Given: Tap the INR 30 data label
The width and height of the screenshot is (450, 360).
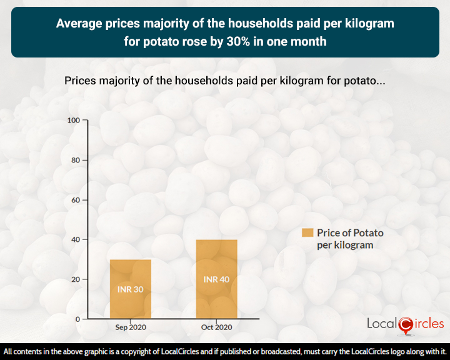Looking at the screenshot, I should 130,289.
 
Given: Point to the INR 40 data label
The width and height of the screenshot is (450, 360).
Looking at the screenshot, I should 216,279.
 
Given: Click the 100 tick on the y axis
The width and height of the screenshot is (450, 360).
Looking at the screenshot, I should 73,120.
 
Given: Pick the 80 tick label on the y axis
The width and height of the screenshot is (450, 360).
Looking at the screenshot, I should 75,160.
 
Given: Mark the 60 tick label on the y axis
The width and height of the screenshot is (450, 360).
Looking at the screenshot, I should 75,200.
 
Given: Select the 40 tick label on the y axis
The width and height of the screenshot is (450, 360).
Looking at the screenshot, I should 75,239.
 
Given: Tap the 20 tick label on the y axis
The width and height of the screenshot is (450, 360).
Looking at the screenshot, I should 75,279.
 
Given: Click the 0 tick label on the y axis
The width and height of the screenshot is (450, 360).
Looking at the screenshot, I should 77,319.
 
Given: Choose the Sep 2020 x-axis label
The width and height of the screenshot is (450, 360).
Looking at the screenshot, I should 130,327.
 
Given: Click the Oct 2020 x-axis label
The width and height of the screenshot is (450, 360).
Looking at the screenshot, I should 216,327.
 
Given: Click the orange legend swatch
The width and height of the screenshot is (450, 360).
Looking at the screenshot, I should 307,232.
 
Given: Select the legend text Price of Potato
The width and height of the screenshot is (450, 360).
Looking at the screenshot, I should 350,232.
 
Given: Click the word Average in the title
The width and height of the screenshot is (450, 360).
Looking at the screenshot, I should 77,24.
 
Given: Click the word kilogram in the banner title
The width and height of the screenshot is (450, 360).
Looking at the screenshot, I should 370,24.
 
